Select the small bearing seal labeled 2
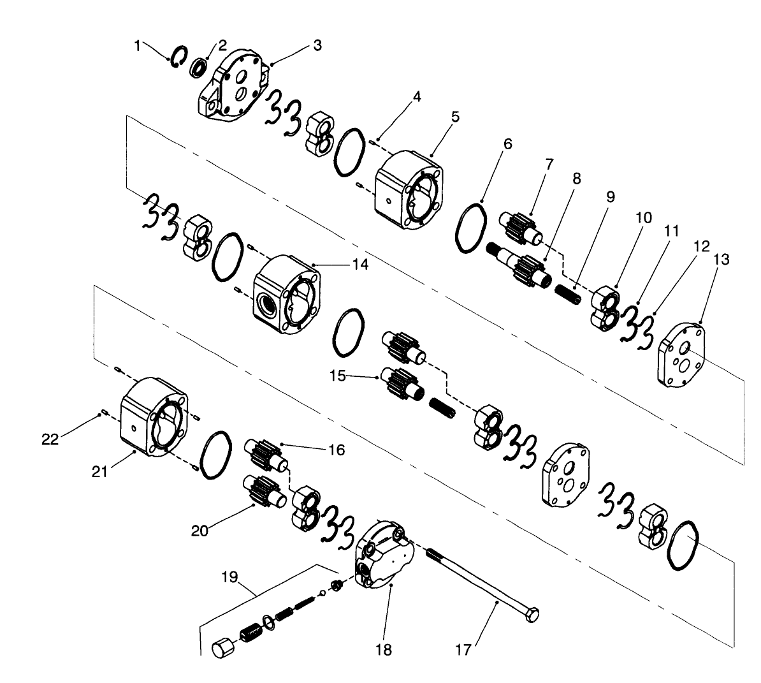(x=200, y=65)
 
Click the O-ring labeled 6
(x=471, y=228)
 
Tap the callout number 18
(x=384, y=650)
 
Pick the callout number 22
(x=49, y=439)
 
